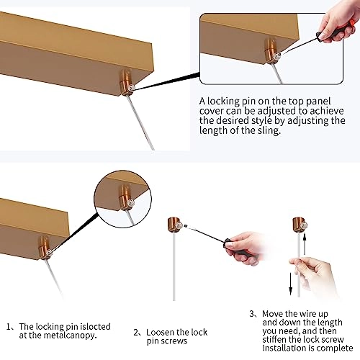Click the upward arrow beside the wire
pyautogui.click(x=305, y=244)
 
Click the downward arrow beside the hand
pyautogui.click(x=291, y=284)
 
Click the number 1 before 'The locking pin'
pyautogui.click(x=9, y=327)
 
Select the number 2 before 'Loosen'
pyautogui.click(x=136, y=333)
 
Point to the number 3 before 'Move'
pyautogui.click(x=252, y=314)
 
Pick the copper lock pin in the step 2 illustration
pyautogui.click(x=175, y=225)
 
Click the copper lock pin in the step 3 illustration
pyautogui.click(x=300, y=225)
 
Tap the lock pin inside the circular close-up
pyautogui.click(x=126, y=197)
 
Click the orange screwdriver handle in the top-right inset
pyautogui.click(x=351, y=26)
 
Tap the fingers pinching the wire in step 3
pyautogui.click(x=297, y=263)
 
